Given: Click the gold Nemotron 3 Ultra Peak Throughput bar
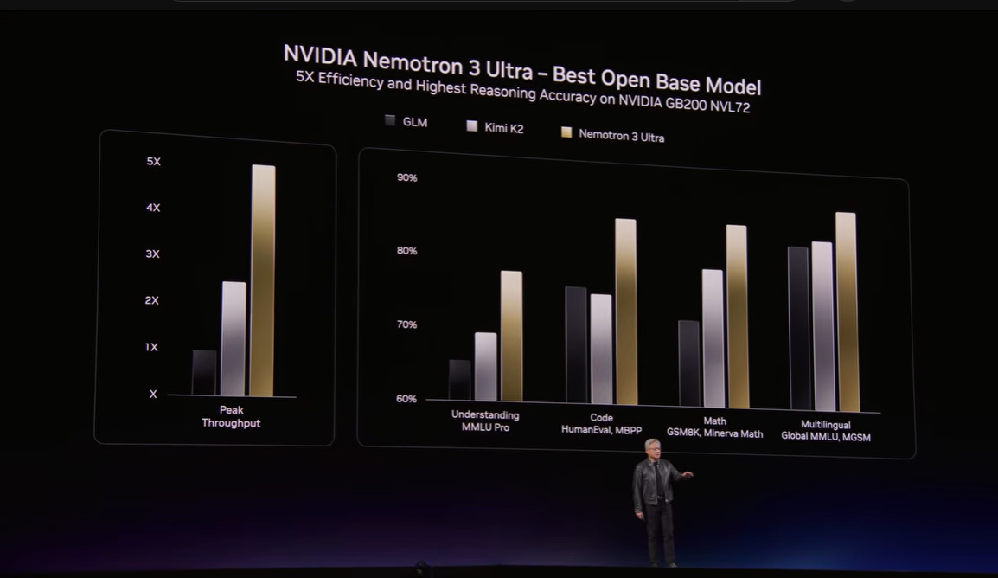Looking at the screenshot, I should click(263, 281).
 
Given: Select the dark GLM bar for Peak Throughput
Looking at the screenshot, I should click(204, 373).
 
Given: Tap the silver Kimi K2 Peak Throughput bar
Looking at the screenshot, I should click(234, 338).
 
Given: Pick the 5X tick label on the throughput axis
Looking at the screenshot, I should click(154, 162).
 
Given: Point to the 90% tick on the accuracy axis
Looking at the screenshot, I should click(406, 177).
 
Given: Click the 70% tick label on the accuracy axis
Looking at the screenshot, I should click(406, 324).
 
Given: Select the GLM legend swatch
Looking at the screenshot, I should click(390, 121).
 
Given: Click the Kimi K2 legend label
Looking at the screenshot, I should click(503, 128).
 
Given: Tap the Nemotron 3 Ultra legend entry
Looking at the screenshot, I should click(621, 135).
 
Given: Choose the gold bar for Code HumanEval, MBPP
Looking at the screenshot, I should click(625, 311).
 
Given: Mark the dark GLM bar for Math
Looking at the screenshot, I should click(689, 363).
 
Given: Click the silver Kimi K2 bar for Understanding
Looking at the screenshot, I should click(486, 367).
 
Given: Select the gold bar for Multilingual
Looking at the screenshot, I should click(847, 311).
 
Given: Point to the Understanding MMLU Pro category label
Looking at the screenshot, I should click(485, 421).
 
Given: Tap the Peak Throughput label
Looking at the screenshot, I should click(231, 416).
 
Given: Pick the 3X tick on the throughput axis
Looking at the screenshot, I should click(153, 254).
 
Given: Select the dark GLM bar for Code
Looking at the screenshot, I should click(576, 344).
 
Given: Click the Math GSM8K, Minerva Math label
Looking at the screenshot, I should click(714, 427).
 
